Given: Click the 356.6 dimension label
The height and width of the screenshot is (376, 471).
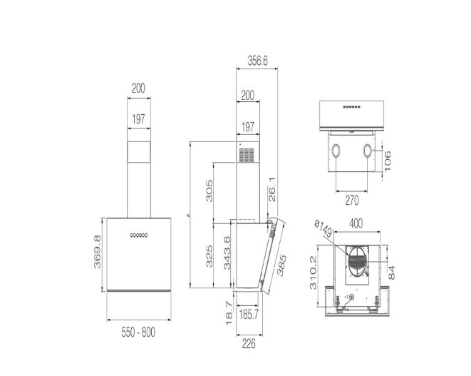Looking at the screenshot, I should click(257, 62).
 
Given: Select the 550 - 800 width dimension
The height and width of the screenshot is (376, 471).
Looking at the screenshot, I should click(138, 332).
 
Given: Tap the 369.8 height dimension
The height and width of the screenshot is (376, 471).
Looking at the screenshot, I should click(98, 252).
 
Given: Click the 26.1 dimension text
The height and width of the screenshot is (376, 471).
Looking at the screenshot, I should click(273, 193).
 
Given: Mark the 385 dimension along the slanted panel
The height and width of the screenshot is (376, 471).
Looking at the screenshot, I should click(279, 265).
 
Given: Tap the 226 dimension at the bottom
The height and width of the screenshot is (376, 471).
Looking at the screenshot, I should click(248, 344).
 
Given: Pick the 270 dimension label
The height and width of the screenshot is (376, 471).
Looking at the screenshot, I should click(352, 200).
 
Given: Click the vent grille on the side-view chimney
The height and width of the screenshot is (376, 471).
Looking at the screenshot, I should click(247, 155).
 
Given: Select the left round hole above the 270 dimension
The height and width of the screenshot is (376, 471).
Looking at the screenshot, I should click(334, 151).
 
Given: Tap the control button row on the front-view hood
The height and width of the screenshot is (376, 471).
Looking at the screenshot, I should click(138, 235).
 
